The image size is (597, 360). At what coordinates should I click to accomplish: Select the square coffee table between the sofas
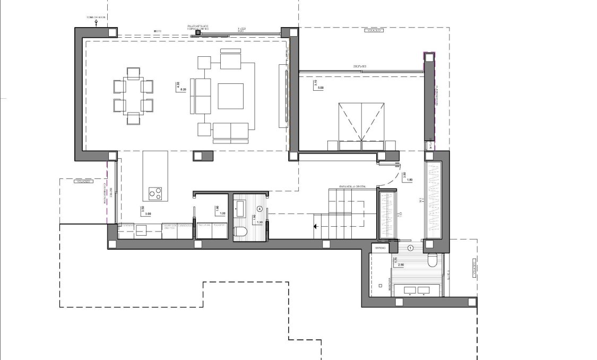[231, 96]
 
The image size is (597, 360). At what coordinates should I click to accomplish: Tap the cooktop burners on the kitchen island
[155, 194]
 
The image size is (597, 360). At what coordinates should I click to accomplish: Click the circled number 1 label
[411, 248]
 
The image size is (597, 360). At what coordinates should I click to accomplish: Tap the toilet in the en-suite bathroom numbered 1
[432, 261]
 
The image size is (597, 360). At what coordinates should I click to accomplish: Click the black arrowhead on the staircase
[316, 227]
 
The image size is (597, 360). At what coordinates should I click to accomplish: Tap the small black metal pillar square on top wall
[198, 33]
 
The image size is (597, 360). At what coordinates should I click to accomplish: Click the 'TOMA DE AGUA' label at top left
[96, 17]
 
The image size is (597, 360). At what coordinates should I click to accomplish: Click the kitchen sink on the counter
[141, 229]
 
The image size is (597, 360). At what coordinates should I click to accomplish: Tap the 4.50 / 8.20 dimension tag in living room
[180, 87]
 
